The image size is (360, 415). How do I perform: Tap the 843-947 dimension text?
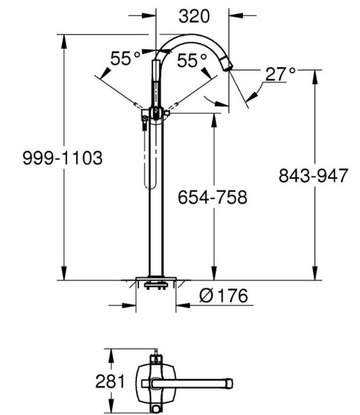[311, 176]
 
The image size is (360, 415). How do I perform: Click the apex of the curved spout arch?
[190, 37]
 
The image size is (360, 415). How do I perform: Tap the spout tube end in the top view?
[228, 381]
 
